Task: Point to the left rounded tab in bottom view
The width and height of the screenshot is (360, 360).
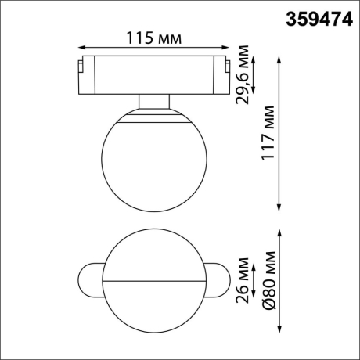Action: pos(88,279)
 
